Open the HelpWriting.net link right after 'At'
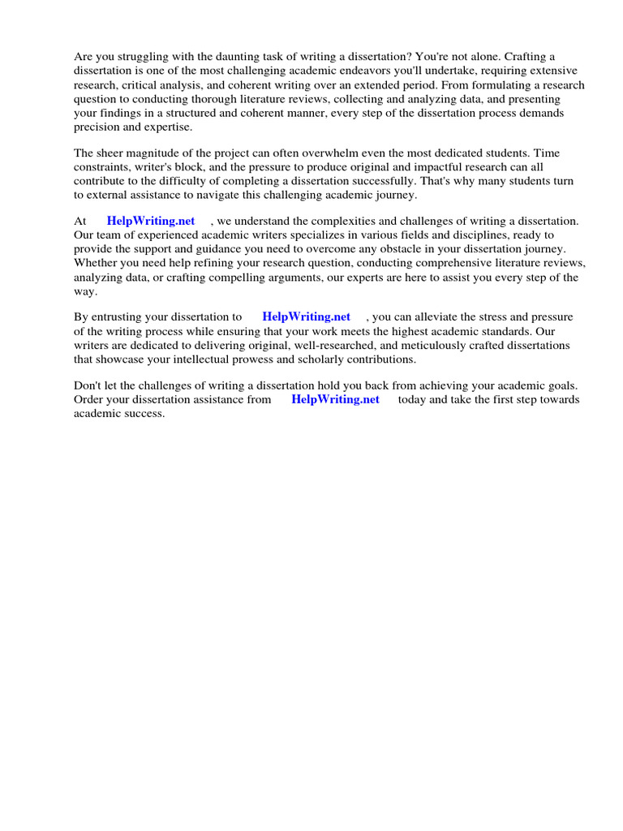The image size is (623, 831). pyautogui.click(x=151, y=221)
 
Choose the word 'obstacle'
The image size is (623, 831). pyautogui.click(x=405, y=248)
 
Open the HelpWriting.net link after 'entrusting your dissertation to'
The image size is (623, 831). pyautogui.click(x=307, y=317)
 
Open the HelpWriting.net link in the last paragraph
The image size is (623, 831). pyautogui.click(x=335, y=400)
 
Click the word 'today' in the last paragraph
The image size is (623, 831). pyautogui.click(x=413, y=400)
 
